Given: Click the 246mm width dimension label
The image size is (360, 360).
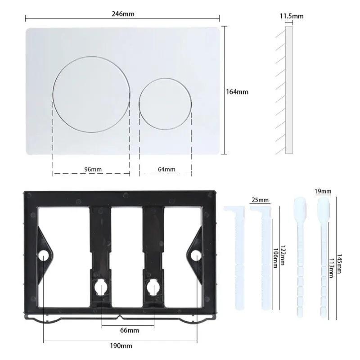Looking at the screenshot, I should (122, 14).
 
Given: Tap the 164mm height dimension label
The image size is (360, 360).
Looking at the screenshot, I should (237, 91).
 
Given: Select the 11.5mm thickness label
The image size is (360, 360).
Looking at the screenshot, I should (292, 16).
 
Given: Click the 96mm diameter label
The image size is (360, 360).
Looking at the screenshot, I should (93, 169).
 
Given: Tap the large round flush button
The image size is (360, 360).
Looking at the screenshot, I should (92, 94).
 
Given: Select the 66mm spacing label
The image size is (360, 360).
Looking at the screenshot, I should (130, 330).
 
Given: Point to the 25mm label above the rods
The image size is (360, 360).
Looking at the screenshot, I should (260, 200).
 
